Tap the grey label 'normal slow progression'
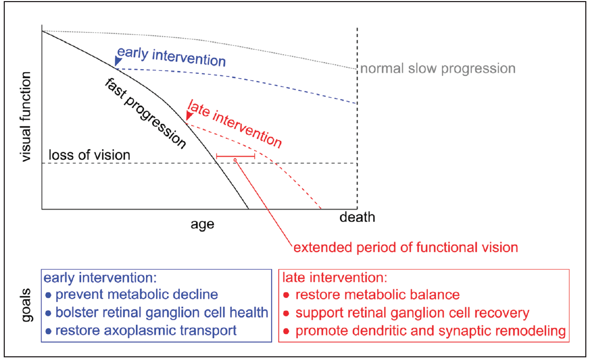click(438, 68)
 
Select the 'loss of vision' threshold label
click(89, 155)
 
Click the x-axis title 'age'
click(202, 224)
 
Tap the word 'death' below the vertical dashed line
click(357, 217)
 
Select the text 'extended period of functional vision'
click(405, 247)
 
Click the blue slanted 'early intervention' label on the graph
click(171, 56)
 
